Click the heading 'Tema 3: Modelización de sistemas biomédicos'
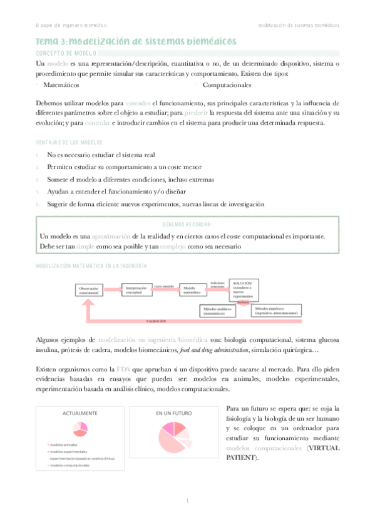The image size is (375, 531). coord(136,41)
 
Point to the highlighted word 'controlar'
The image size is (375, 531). coord(96,123)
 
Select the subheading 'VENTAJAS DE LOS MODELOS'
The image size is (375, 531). coord(69,142)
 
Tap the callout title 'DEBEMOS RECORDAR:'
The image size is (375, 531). coord(187,224)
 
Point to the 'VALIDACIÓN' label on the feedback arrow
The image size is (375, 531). coord(157,321)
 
